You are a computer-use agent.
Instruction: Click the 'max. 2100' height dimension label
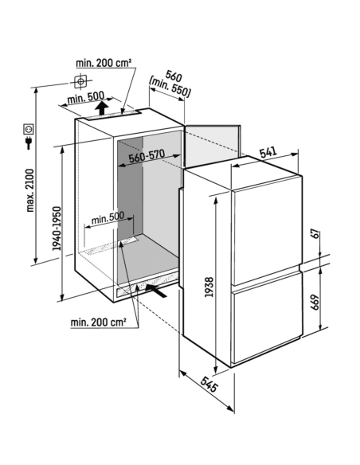[x=30, y=190]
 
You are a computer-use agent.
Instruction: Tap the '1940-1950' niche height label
[x=57, y=229]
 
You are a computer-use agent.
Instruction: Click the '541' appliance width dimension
[x=268, y=152]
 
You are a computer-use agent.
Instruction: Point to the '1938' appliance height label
[x=209, y=287]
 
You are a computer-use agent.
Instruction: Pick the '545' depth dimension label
[x=209, y=385]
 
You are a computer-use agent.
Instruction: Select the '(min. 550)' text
[x=170, y=88]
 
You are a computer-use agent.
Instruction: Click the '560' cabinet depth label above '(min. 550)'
[x=173, y=76]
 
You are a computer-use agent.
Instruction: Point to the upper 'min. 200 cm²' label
[x=104, y=63]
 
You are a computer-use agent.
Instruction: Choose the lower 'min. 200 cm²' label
[x=99, y=322]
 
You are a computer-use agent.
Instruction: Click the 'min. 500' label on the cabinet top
[x=86, y=97]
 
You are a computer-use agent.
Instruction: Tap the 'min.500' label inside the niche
[x=108, y=218]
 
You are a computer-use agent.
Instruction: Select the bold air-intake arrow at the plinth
[x=156, y=290]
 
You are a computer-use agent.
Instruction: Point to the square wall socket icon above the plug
[x=29, y=129]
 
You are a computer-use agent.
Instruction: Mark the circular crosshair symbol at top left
[x=80, y=81]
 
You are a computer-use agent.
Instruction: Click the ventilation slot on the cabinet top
[x=114, y=115]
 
